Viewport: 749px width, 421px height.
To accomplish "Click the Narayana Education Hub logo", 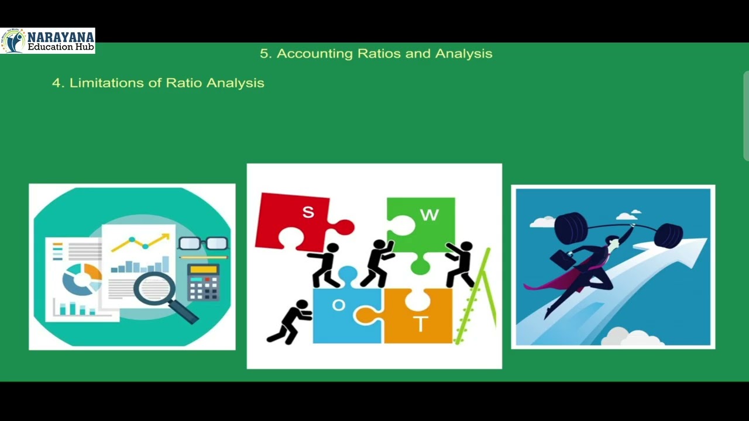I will tap(47, 40).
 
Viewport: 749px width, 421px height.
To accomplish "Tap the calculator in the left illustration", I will tap(203, 282).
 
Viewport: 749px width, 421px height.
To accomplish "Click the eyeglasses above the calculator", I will tap(202, 243).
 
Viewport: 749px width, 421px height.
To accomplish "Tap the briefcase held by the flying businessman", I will tap(562, 258).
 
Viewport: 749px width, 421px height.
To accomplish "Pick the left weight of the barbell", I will tap(571, 227).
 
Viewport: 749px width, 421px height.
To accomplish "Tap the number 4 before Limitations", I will tap(56, 83).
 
